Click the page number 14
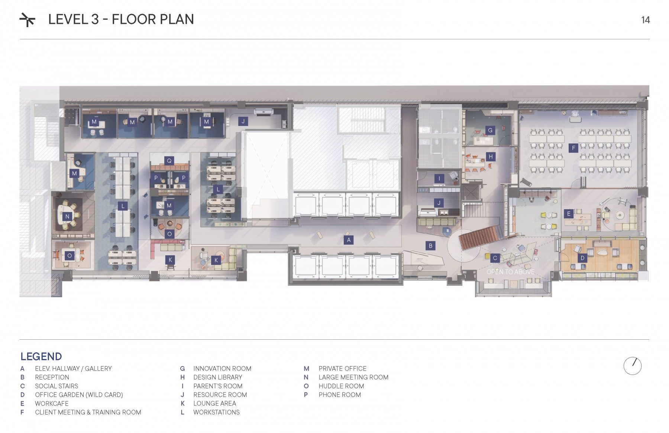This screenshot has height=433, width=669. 645,20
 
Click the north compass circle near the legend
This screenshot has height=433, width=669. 632,366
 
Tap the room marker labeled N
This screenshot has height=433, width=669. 67,216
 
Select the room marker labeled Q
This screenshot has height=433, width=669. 169,161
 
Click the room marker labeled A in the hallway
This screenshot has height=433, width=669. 349,240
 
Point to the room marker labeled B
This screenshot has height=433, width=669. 430,246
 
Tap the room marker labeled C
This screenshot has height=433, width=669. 495,258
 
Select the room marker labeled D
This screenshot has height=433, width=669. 582,258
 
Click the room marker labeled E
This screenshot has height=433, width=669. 568,214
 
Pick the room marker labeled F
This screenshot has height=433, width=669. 573,148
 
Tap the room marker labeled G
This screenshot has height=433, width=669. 490,130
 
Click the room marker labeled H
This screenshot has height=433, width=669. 491,157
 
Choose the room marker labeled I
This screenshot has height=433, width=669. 439,178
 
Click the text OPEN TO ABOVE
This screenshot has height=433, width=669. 510,272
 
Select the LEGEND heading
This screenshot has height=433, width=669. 41,356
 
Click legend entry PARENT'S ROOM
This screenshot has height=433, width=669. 218,386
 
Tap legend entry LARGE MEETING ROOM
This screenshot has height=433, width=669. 353,377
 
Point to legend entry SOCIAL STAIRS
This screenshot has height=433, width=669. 56,386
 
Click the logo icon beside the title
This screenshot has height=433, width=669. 28,20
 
